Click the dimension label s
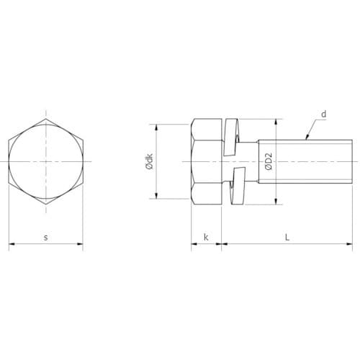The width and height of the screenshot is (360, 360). coord(46,238)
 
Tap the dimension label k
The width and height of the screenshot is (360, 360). coord(206,237)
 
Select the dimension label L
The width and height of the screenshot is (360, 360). coord(287,237)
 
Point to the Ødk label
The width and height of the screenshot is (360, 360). coord(149,161)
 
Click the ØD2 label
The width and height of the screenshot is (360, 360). coord(269,161)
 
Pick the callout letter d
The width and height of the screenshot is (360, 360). coord(324,114)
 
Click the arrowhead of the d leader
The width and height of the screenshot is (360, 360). coord(307,138)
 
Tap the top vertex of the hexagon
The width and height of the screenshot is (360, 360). coord(46,119)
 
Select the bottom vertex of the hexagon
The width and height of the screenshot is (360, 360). coord(46,204)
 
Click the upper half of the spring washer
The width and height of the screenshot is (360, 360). coord(231,137)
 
